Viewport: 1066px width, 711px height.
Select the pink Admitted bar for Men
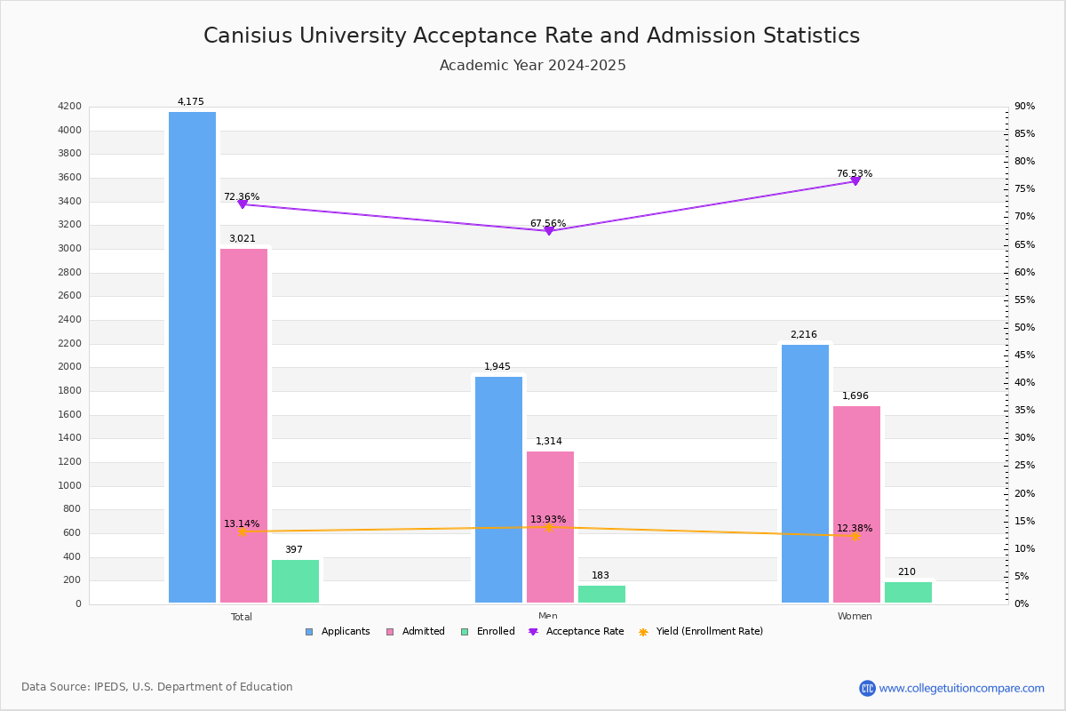point(550,527)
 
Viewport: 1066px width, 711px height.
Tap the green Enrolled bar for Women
point(908,593)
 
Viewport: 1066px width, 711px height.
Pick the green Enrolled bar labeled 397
point(295,581)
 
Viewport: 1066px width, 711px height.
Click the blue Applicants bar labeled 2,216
point(805,474)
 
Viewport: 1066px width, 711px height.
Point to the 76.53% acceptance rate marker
point(855,181)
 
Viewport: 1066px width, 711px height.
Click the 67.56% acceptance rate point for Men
point(549,231)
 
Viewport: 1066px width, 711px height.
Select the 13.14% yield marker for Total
point(242,531)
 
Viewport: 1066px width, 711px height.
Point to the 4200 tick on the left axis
point(69,107)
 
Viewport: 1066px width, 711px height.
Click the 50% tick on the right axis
point(1024,328)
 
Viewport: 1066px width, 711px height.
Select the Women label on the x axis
point(855,617)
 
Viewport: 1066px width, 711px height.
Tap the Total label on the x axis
point(242,617)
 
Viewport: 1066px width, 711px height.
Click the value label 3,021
point(242,239)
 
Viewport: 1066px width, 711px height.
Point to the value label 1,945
point(497,367)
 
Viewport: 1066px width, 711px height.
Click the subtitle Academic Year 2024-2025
point(533,66)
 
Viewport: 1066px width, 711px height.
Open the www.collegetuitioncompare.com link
point(961,688)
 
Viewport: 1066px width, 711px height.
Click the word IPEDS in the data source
point(111,687)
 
